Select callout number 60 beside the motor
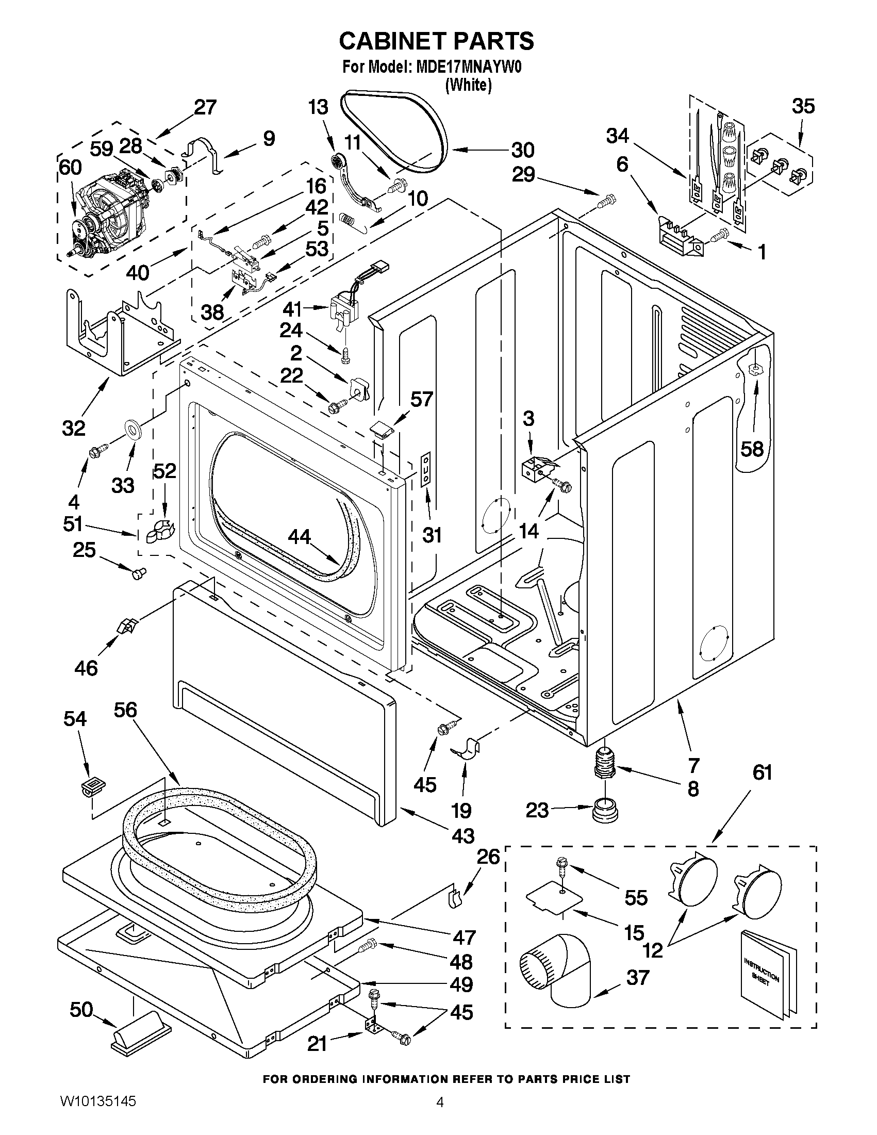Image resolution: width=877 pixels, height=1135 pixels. pos(70,168)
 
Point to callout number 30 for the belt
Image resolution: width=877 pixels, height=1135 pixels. pos(522,150)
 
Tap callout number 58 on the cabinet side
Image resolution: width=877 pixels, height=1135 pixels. pos(752,448)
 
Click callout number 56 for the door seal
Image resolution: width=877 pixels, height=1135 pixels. pos(125,710)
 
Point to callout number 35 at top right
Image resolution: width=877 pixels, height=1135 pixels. pos(803,106)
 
